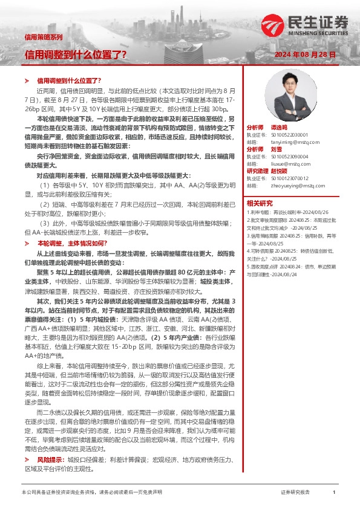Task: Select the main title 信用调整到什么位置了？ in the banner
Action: (75, 54)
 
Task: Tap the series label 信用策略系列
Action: (43, 37)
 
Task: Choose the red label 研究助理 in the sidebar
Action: (257, 171)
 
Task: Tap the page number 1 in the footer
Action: (334, 493)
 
